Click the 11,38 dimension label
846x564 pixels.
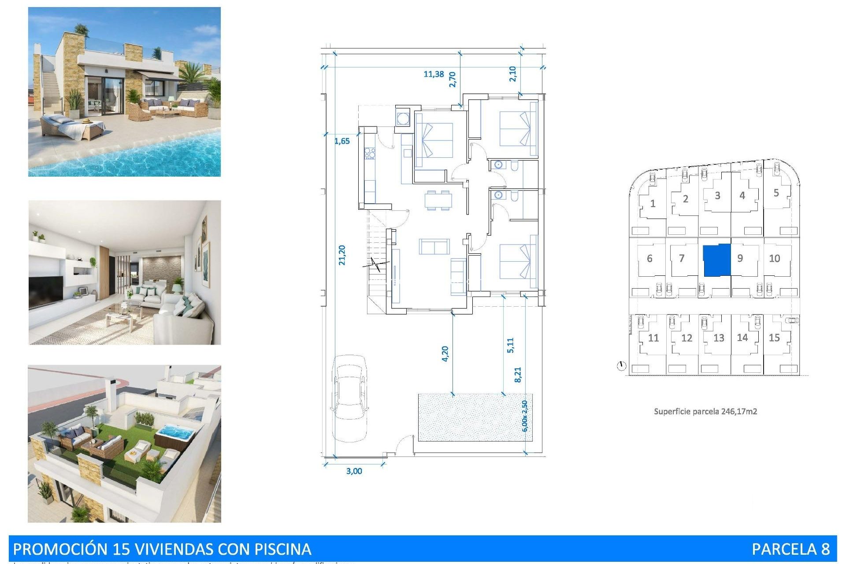pyautogui.click(x=434, y=74)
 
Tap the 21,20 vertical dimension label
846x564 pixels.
pyautogui.click(x=342, y=255)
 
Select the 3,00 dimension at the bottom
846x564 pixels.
pyautogui.click(x=354, y=471)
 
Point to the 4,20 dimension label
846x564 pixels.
pyautogui.click(x=445, y=354)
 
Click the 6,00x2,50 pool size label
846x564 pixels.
pyautogui.click(x=524, y=416)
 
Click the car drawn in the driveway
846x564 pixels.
pyautogui.click(x=349, y=398)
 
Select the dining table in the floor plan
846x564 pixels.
pyautogui.click(x=438, y=200)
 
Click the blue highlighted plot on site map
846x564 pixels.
pyautogui.click(x=716, y=260)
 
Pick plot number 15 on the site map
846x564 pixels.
pyautogui.click(x=774, y=338)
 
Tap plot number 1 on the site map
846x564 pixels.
pyautogui.click(x=653, y=204)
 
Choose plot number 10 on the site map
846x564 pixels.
pyautogui.click(x=774, y=259)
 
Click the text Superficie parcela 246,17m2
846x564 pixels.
pyautogui.click(x=705, y=412)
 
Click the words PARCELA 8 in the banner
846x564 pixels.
pyautogui.click(x=790, y=549)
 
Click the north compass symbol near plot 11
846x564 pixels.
pyautogui.click(x=621, y=366)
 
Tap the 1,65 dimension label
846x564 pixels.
pyautogui.click(x=342, y=141)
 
